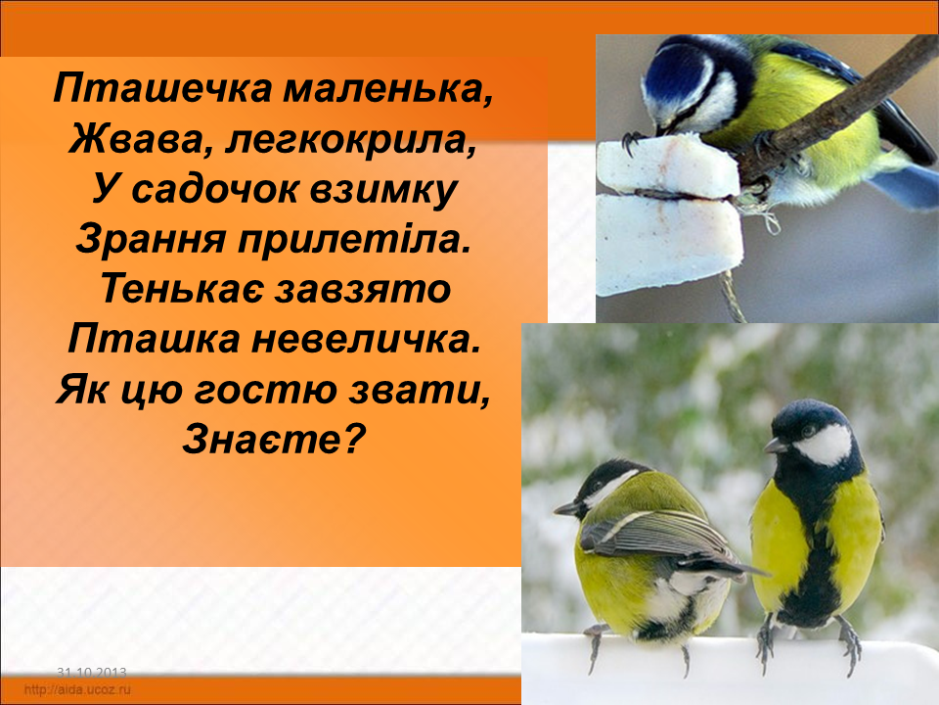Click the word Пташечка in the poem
(x=162, y=89)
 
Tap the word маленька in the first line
(x=388, y=90)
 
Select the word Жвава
(x=141, y=139)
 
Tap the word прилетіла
(x=351, y=240)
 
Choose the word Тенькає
(x=182, y=289)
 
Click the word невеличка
(x=366, y=340)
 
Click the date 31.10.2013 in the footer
(x=92, y=673)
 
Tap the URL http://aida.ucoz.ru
(x=77, y=689)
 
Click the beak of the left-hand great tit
(x=566, y=509)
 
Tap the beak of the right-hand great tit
(x=776, y=446)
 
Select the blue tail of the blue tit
(x=904, y=185)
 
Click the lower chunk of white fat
(x=668, y=242)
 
